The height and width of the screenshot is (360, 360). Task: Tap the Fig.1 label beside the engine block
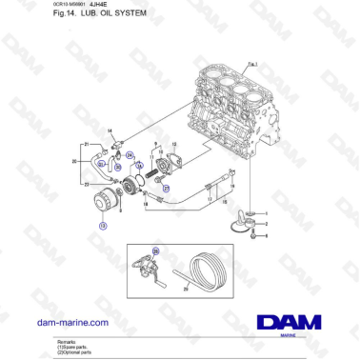click(x=252, y=64)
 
